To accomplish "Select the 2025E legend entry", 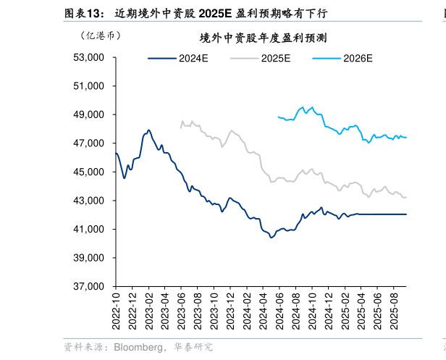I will [276, 59].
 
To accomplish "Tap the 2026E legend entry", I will [358, 59].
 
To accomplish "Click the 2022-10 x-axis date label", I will [116, 309].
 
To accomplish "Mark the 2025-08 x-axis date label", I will [394, 309].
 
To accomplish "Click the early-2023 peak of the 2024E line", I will [149, 130].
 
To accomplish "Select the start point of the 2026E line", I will [278, 116].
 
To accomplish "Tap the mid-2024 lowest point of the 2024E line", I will [272, 237].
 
